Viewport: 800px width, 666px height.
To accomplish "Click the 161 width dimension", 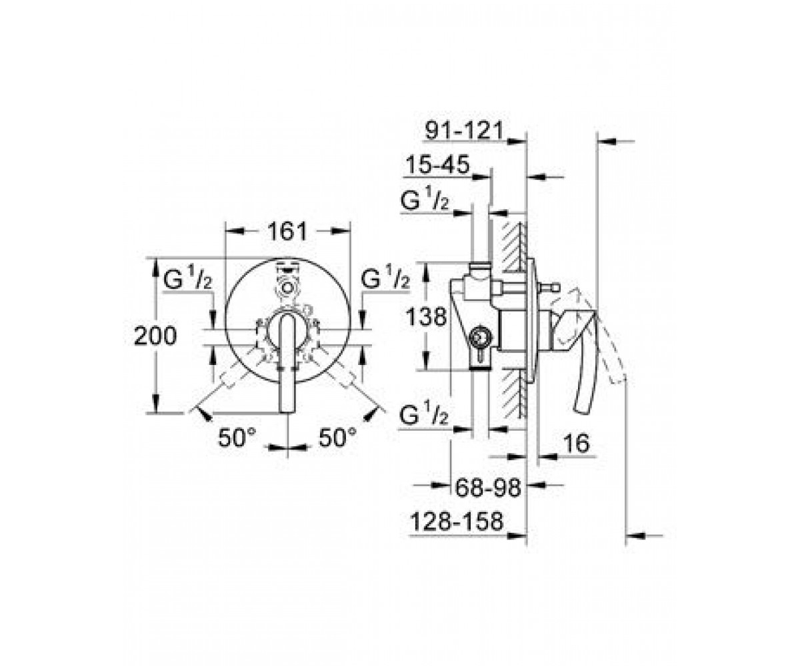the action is [x=287, y=231].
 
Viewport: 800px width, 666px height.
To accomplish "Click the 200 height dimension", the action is [x=155, y=336].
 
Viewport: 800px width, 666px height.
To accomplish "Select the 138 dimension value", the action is [x=426, y=317].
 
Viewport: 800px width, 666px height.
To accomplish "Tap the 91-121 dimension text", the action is [x=464, y=131].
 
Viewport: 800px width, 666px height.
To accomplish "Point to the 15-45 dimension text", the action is [x=437, y=165].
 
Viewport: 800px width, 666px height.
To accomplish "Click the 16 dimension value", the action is [x=576, y=444].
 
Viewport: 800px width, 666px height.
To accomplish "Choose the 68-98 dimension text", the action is [x=488, y=488].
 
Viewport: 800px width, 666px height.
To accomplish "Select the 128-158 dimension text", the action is [x=456, y=521].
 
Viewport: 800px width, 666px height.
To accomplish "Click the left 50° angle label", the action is [x=237, y=438].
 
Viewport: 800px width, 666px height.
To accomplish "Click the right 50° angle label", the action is [x=337, y=437].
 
